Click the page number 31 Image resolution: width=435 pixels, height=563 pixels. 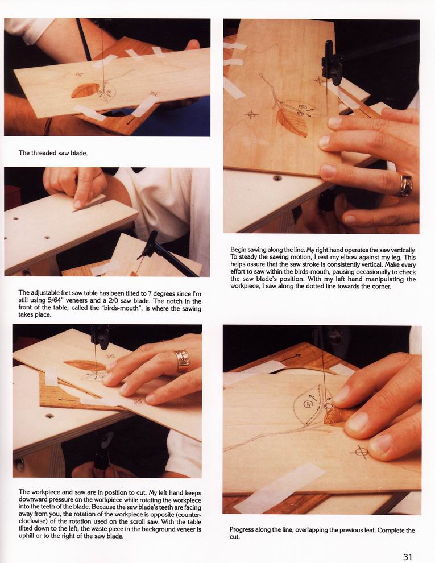(408, 557)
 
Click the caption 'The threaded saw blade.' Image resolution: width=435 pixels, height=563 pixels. (53, 153)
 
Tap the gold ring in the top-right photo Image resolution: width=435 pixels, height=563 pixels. (405, 185)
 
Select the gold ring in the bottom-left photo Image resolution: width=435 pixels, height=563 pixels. (182, 361)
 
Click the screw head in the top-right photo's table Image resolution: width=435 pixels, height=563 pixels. (277, 178)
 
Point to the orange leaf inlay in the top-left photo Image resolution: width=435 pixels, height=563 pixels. (85, 90)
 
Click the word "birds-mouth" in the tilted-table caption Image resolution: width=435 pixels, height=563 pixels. (121, 308)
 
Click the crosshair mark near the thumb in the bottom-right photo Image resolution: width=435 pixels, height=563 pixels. (360, 452)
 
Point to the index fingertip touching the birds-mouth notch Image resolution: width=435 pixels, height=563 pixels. (77, 204)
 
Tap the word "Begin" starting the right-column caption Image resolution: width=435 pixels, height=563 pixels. (239, 250)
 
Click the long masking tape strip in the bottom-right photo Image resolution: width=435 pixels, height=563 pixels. (280, 487)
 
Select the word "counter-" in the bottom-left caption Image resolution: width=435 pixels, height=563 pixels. (189, 515)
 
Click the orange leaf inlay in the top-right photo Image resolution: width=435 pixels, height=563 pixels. (292, 123)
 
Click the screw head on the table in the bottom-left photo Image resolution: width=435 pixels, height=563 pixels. (49, 416)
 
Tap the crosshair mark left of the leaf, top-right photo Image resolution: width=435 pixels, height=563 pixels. (251, 115)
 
